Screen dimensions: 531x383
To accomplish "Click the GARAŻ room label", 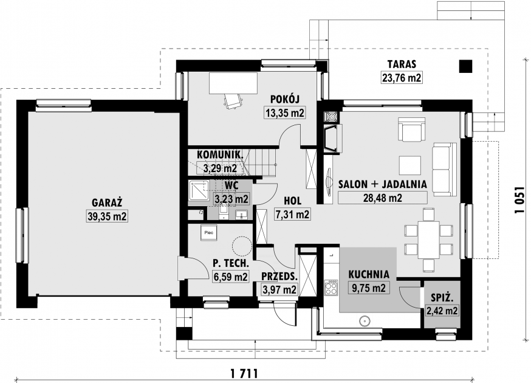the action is tap(107, 202).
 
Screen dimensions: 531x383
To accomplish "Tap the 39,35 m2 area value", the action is tap(108, 216).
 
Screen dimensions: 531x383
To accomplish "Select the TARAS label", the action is tap(402, 64).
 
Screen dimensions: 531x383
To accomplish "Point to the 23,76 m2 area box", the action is tap(402, 78).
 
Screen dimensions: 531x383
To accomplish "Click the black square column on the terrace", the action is tap(465, 66).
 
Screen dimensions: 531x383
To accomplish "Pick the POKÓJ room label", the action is tap(285, 99).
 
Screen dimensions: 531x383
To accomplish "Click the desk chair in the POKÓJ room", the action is tap(233, 101).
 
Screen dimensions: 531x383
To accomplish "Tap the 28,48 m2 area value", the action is tap(383, 198).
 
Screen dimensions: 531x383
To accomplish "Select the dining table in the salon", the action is tap(428, 240).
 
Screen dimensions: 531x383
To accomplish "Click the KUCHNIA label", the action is tap(369, 274).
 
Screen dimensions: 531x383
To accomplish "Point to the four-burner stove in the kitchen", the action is tap(332, 288).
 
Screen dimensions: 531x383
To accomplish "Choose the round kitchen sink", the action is tap(365, 320).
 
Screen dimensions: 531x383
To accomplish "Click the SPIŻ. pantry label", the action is tap(442, 298).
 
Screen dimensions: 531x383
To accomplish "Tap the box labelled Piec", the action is tap(209, 233).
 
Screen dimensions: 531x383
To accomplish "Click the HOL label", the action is tap(292, 201).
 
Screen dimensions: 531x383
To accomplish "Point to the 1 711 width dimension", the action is tap(244, 373).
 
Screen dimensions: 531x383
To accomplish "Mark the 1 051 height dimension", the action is tap(521, 200).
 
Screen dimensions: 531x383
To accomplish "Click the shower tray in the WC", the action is tap(199, 190).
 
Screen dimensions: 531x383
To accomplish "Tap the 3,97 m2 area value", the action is tap(279, 290).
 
